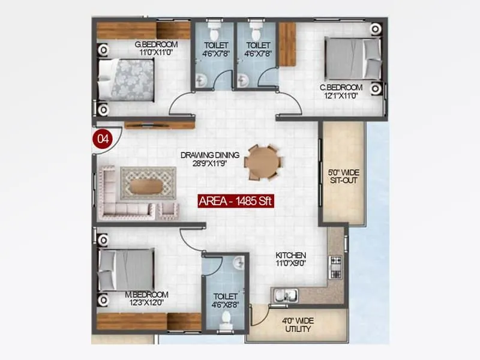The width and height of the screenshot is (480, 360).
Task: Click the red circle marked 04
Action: [103, 138]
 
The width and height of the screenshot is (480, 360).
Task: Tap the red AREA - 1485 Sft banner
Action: [236, 202]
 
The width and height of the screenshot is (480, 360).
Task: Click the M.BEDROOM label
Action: [146, 295]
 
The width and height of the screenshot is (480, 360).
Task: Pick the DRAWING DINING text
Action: [210, 155]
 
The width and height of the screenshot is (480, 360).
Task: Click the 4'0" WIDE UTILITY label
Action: [298, 325]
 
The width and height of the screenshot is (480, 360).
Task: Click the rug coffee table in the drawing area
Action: [148, 183]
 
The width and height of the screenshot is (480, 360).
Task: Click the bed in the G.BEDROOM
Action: [127, 79]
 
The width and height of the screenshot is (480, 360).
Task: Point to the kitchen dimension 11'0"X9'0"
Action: [291, 263]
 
